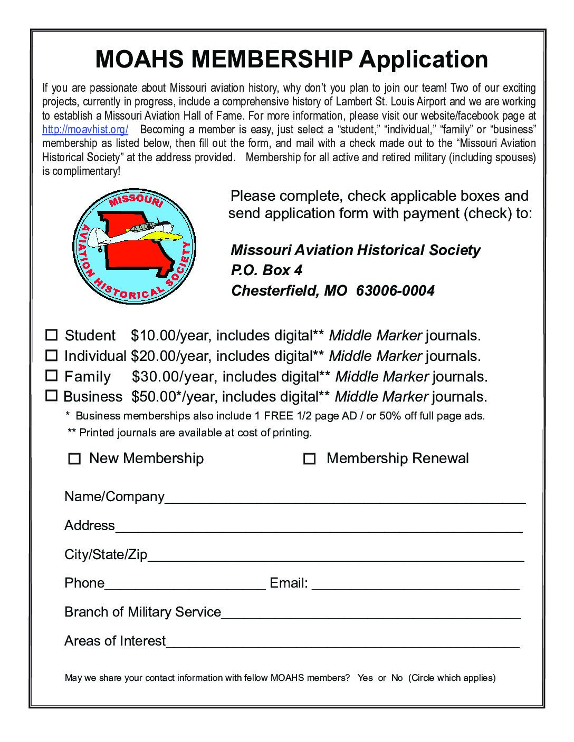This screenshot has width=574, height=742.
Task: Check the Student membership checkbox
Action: pyautogui.click(x=51, y=335)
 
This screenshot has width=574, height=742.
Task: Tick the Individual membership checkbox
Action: pyautogui.click(x=51, y=356)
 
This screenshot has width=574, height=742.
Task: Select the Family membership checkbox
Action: pyautogui.click(x=51, y=376)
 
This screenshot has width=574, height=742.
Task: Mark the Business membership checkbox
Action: pyautogui.click(x=51, y=395)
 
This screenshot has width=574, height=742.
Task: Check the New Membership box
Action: pyautogui.click(x=74, y=459)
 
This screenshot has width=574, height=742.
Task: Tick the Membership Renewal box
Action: pyautogui.click(x=310, y=459)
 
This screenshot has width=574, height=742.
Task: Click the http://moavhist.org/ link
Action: pyautogui.click(x=85, y=130)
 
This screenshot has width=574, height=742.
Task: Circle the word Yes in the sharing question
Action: pyautogui.click(x=365, y=678)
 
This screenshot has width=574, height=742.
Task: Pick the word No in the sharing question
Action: pyautogui.click(x=397, y=678)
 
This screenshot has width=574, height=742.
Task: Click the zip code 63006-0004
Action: pyautogui.click(x=395, y=291)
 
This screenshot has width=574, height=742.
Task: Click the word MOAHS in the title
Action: pyautogui.click(x=139, y=59)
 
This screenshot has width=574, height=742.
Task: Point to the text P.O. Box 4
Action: pyautogui.click(x=267, y=270)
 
